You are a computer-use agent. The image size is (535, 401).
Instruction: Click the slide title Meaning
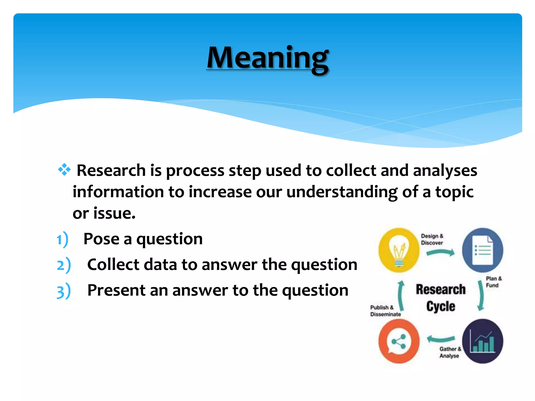click(267, 58)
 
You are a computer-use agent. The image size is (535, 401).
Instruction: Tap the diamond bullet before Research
click(64, 170)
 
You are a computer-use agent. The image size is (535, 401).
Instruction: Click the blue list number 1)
click(62, 239)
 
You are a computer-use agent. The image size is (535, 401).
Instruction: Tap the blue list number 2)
click(64, 265)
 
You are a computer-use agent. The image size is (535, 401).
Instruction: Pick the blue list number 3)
click(64, 291)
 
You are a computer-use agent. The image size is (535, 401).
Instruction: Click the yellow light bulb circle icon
click(399, 250)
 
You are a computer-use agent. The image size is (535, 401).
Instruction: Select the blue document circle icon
click(482, 250)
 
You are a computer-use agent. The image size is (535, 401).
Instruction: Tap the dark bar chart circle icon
click(482, 341)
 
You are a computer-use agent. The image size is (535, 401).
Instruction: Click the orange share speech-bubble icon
click(399, 341)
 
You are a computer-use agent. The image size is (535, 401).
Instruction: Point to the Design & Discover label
click(432, 239)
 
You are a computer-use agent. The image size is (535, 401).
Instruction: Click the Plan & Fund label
click(493, 282)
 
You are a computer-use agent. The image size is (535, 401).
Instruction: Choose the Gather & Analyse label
click(450, 352)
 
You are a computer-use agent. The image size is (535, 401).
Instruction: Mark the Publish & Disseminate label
click(385, 311)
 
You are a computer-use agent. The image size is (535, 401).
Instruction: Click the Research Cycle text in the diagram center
click(441, 298)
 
